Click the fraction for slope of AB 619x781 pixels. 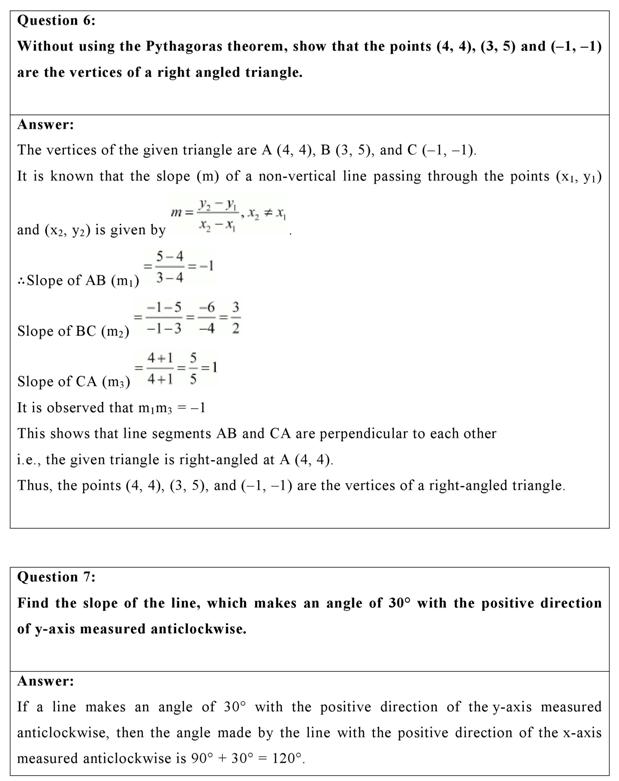point(166,268)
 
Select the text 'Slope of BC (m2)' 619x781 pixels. point(73,331)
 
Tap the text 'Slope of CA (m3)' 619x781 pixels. point(74,382)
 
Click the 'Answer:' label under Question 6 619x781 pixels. point(45,125)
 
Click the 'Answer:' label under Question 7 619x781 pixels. point(45,681)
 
